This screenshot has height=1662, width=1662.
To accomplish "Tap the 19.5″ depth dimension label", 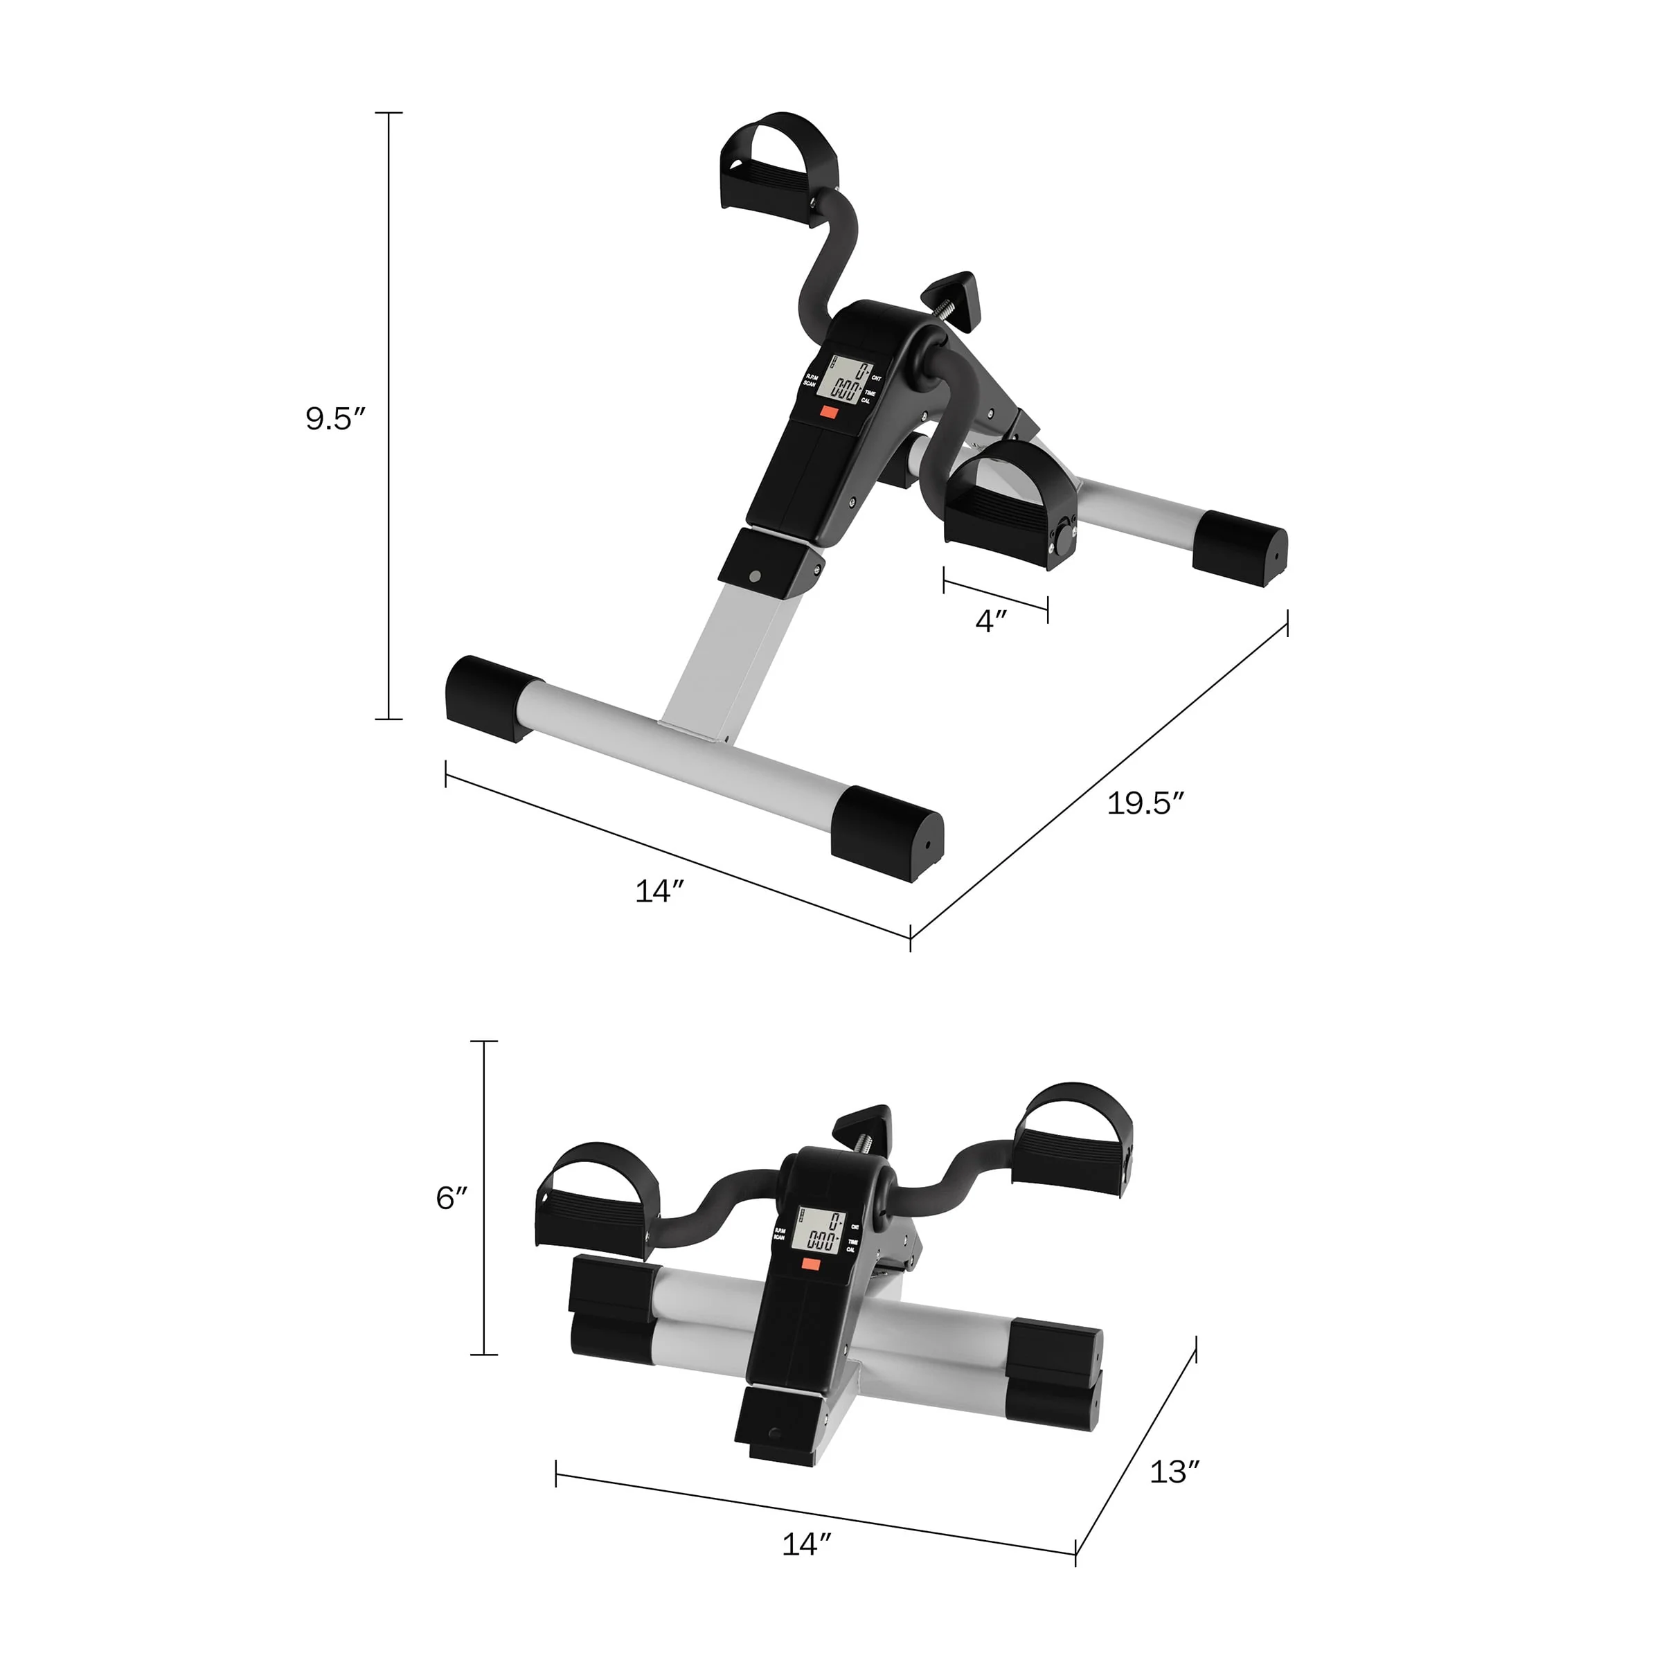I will pyautogui.click(x=1145, y=803).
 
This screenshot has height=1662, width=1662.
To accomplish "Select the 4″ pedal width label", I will pyautogui.click(x=991, y=621).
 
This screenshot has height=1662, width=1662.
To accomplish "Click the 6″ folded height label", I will pyautogui.click(x=452, y=1197).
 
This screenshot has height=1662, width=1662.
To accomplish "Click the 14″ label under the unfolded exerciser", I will pyautogui.click(x=659, y=891).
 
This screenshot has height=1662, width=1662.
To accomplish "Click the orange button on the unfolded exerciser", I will pyautogui.click(x=828, y=412).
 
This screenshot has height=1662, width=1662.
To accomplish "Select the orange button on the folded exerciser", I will pyautogui.click(x=810, y=1264).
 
